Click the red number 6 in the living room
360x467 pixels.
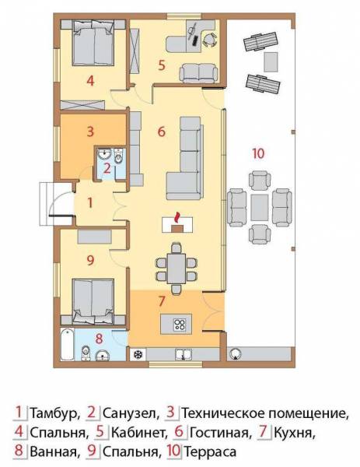point(161,132)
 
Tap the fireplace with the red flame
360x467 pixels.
point(177,225)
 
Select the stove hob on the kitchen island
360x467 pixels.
point(180,324)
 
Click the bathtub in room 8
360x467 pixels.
point(67,345)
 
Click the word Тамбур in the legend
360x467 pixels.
point(55,413)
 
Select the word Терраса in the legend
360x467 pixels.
point(210,451)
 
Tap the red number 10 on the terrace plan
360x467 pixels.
point(257,153)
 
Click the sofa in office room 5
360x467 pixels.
point(197,73)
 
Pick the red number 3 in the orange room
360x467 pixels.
point(90,132)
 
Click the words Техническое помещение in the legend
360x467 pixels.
point(265,414)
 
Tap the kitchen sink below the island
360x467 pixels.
point(183,354)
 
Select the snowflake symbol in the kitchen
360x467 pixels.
point(138,355)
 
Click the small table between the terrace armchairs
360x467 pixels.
point(260,207)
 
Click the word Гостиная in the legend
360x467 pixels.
point(219,433)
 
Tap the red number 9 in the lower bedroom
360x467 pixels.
point(90,260)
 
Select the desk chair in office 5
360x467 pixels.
point(210,40)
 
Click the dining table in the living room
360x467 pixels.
point(177,268)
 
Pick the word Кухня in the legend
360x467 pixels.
point(295,433)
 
